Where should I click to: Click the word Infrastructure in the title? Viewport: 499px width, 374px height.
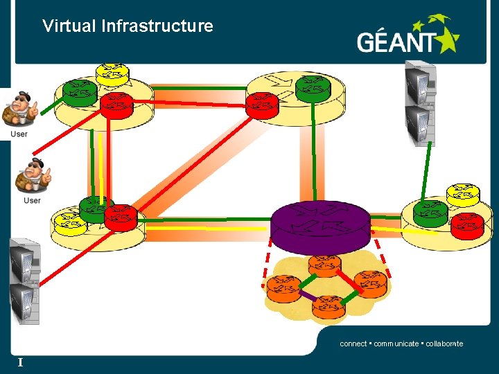157,26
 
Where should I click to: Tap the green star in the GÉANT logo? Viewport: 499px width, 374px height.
444,35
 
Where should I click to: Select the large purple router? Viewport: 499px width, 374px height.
320,225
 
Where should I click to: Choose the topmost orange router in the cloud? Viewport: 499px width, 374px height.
324,264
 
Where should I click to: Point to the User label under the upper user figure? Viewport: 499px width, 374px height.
19,134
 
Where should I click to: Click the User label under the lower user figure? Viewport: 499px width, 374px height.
32,201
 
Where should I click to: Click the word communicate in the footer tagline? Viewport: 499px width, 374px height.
396,344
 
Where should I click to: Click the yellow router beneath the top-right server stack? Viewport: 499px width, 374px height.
462,193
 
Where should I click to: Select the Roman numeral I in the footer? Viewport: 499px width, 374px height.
21,362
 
